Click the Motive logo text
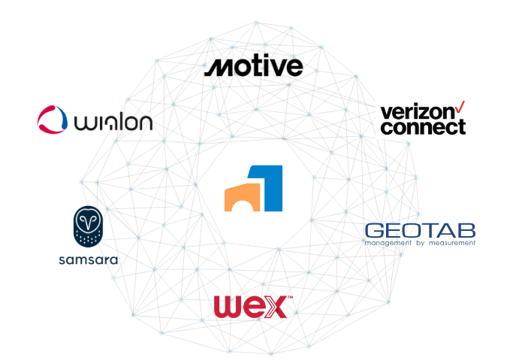click(x=254, y=68)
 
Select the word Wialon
click(x=113, y=120)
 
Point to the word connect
click(x=423, y=127)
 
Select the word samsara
click(x=88, y=260)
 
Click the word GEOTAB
click(x=419, y=230)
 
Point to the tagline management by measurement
click(x=419, y=243)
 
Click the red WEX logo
click(x=252, y=307)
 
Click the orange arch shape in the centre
click(x=243, y=197)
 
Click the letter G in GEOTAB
click(x=373, y=230)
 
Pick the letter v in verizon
click(x=385, y=112)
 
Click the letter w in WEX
click(x=228, y=307)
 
